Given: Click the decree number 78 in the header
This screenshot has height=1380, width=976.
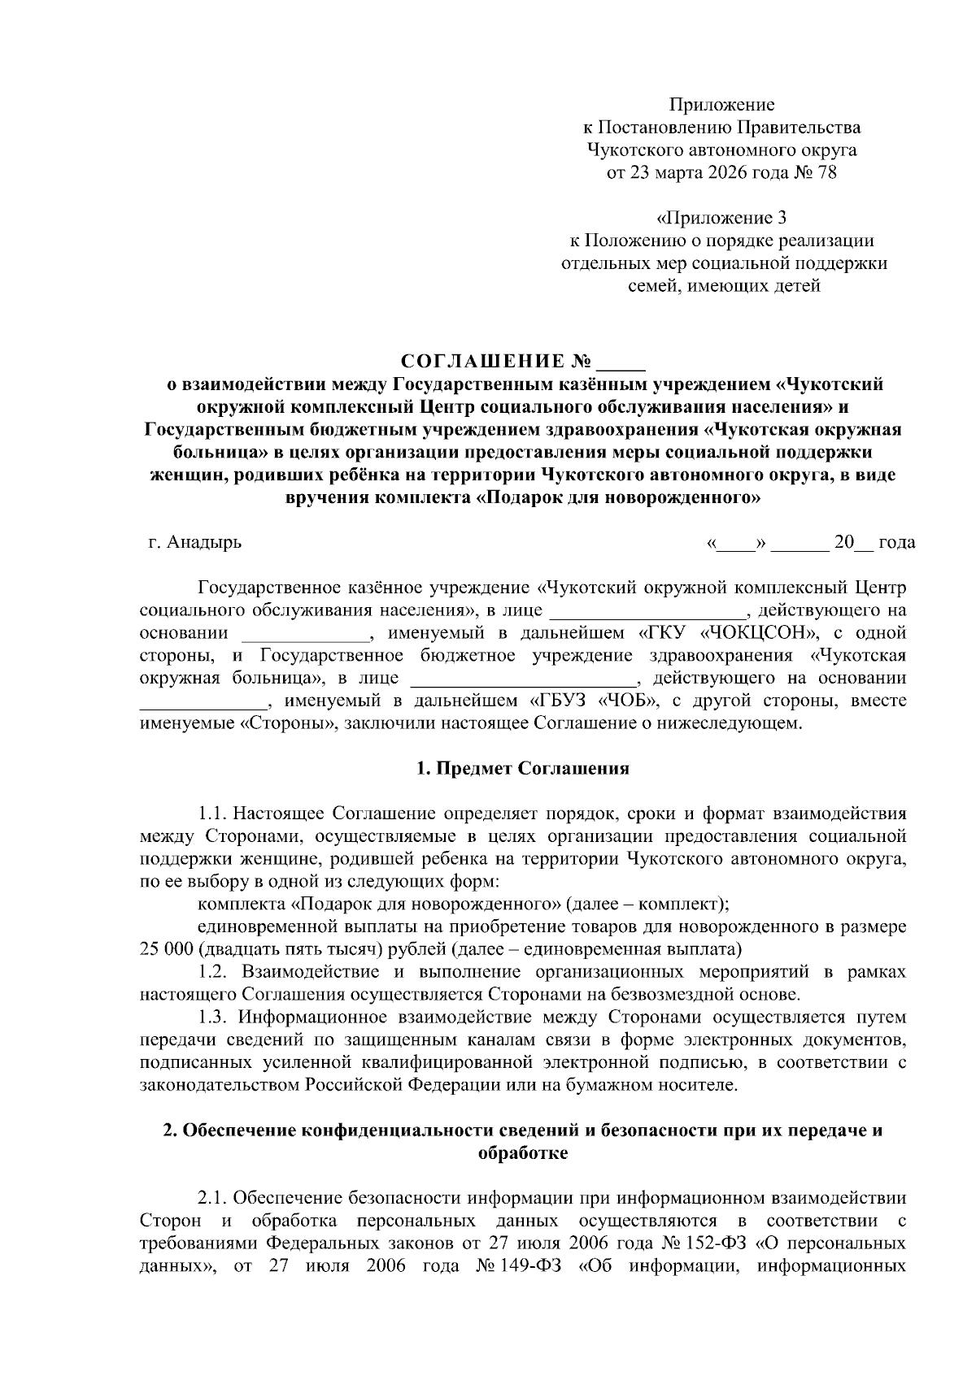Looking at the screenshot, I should point(826,173).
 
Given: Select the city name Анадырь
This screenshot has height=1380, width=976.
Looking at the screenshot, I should point(204,542).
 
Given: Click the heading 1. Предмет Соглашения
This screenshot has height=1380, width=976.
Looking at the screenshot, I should point(522,768).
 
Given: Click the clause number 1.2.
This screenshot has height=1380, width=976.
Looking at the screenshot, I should point(216,972).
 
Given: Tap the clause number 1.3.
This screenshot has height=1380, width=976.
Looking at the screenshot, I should point(216,1018).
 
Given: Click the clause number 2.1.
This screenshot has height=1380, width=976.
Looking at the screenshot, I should point(216,1199).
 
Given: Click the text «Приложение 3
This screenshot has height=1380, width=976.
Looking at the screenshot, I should point(721,218).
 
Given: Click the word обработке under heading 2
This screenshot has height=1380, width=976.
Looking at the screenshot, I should point(523,1152).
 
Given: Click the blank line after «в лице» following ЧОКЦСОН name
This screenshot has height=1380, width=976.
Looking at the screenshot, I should point(647,610).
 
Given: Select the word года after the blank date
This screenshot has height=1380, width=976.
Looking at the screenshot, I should point(897,542).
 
